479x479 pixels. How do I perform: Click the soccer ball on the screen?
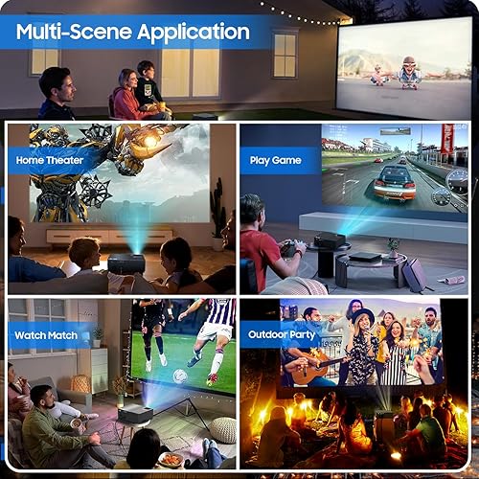coord(180,376)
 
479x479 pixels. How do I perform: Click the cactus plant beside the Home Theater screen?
coord(218,209)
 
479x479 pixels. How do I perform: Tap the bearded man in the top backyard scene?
coord(57,93)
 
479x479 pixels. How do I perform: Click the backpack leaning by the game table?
coord(414,275)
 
